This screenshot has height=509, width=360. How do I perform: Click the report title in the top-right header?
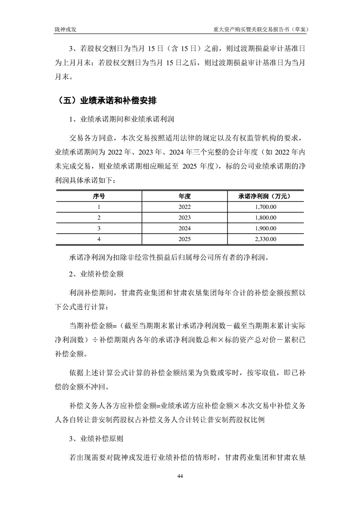click(x=261, y=29)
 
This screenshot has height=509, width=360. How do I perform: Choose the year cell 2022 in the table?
click(x=184, y=207)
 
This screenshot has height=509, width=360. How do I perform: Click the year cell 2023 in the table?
click(x=184, y=217)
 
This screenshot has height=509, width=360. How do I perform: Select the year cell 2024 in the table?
click(x=184, y=228)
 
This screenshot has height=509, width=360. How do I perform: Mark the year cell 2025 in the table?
click(x=184, y=239)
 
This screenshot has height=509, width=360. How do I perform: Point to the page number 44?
click(x=180, y=476)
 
